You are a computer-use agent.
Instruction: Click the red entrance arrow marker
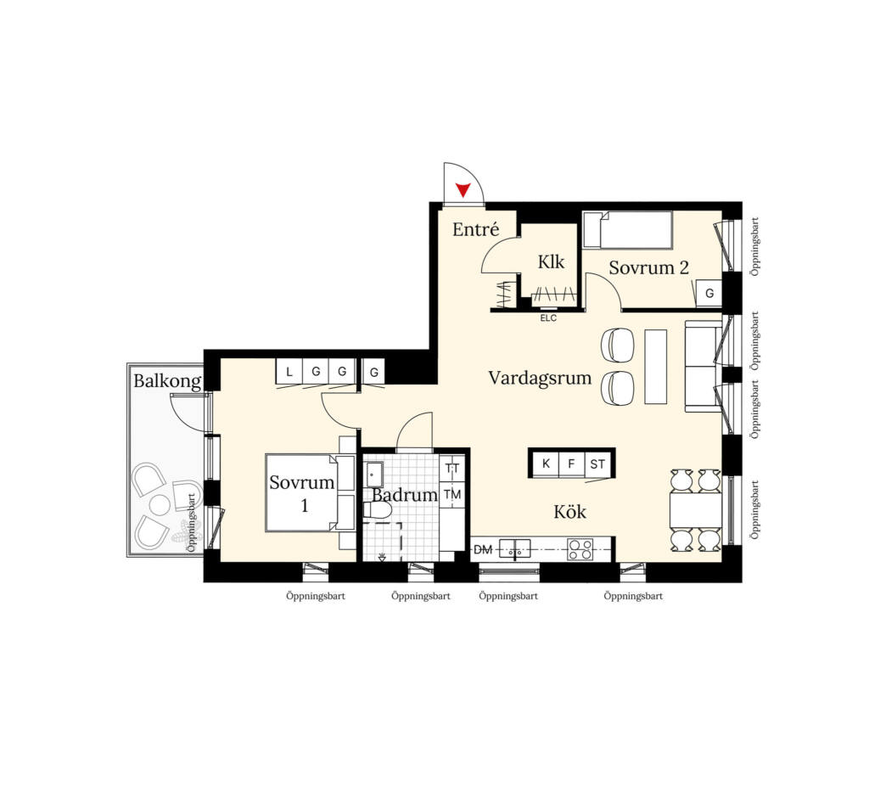tap(463, 189)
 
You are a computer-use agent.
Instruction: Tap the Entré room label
tap(475, 229)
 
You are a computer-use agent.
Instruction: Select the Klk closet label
tap(551, 261)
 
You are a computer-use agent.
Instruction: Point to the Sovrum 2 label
tap(648, 267)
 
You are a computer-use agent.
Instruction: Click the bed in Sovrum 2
tap(627, 229)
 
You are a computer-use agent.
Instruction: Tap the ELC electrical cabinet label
tap(548, 318)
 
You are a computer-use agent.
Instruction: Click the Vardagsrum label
tap(540, 378)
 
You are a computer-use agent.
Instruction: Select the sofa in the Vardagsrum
tap(704, 366)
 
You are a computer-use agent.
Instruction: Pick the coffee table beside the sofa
tap(656, 367)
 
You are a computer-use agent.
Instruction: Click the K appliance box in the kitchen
tap(546, 463)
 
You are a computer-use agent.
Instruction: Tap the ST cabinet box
tap(597, 464)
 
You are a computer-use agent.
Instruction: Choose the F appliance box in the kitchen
tap(571, 463)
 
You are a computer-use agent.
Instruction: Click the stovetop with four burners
tap(580, 549)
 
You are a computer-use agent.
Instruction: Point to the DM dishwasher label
tap(483, 550)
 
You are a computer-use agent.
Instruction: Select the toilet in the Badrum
tap(377, 510)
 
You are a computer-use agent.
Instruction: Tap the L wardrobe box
tap(289, 372)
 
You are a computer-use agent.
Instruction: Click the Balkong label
tap(167, 381)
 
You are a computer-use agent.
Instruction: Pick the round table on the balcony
tap(160, 504)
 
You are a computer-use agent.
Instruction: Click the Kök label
tap(569, 511)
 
